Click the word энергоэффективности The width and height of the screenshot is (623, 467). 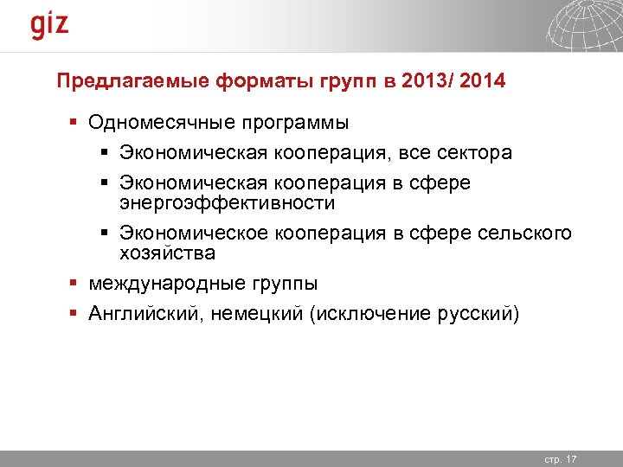[x=227, y=202]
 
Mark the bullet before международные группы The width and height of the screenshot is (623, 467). [x=75, y=283]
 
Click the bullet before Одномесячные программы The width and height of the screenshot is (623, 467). [x=75, y=123]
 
